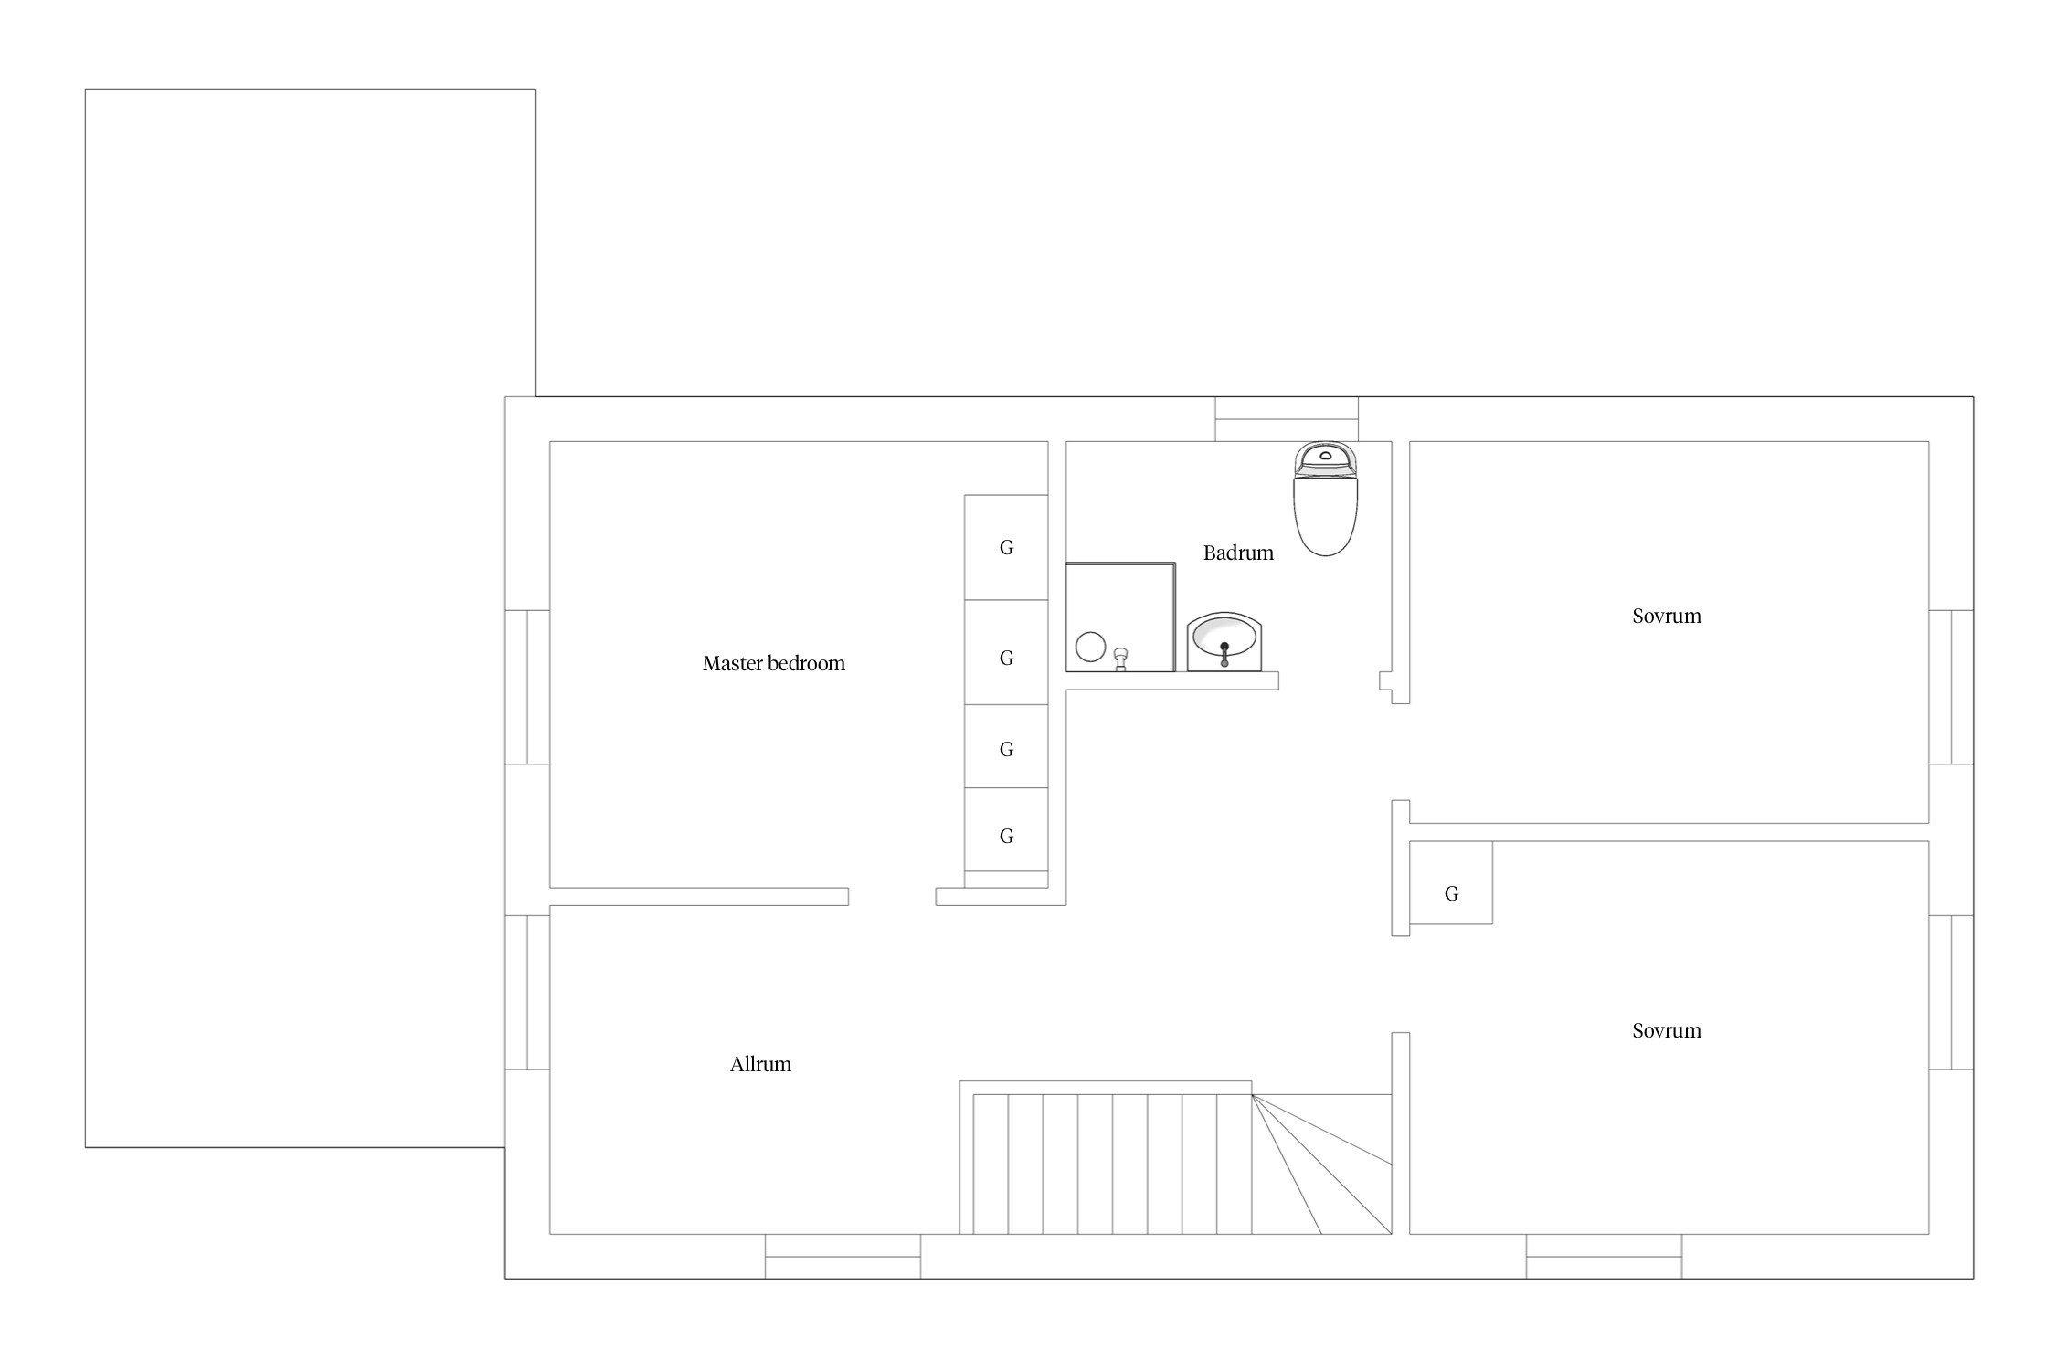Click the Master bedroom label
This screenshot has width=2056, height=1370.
coord(774,664)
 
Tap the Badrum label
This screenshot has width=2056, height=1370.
coord(1238,553)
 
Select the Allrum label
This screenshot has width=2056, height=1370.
coord(760,1064)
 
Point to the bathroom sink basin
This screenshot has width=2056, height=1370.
coord(1224,641)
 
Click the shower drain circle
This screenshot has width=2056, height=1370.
coord(1091,647)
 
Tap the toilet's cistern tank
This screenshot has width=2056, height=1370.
coord(1325,458)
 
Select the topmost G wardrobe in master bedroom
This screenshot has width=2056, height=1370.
coord(1006,547)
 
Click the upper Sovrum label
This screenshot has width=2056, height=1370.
coord(1667,616)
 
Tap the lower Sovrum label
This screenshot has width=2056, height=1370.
coord(1667,1031)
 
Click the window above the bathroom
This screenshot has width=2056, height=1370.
coord(1287,419)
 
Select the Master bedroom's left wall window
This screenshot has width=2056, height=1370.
coord(527,687)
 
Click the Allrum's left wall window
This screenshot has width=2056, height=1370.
coord(527,993)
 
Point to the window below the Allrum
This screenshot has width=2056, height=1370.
coord(843,1257)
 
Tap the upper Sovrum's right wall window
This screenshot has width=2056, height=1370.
coord(1951,687)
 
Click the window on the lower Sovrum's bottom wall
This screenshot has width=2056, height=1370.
coord(1604,1257)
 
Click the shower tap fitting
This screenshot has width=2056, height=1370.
coord(1122,659)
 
